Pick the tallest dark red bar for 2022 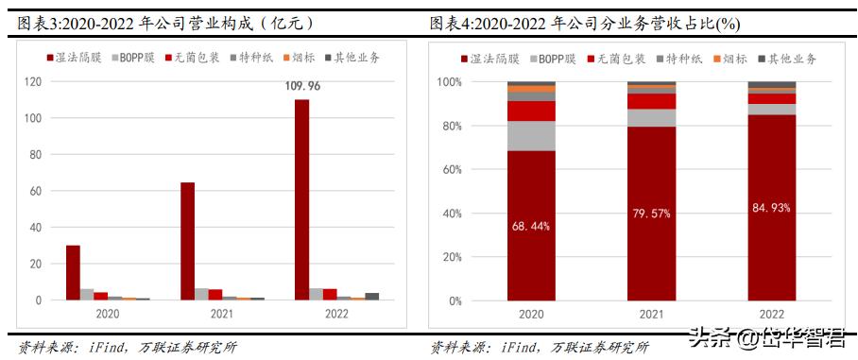click(301, 199)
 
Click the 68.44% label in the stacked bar click(531, 226)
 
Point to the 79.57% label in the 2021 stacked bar click(651, 214)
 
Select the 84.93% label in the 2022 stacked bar click(771, 208)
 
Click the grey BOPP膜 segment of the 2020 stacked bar click(531, 136)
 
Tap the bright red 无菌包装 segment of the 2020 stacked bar click(531, 111)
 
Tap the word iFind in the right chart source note click(515, 347)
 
